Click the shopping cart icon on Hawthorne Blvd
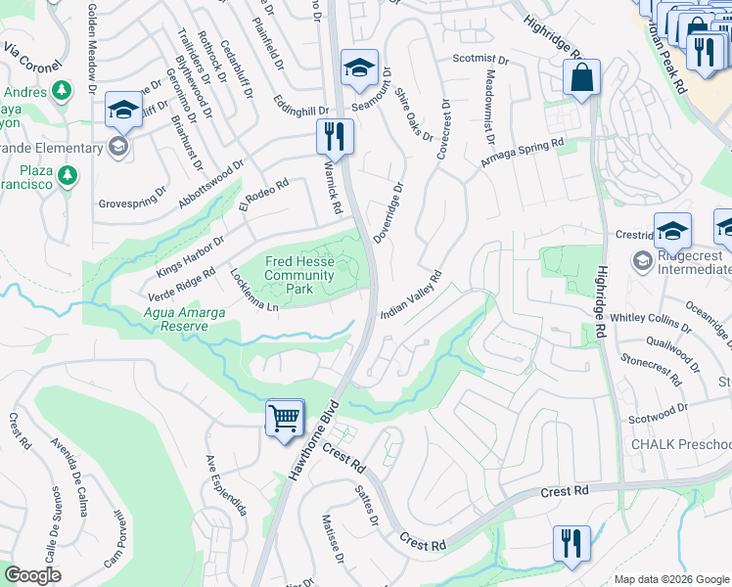tap(285, 418)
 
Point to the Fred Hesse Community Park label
tap(299, 276)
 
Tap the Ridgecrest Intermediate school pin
tap(643, 259)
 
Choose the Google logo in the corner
tap(33, 575)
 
